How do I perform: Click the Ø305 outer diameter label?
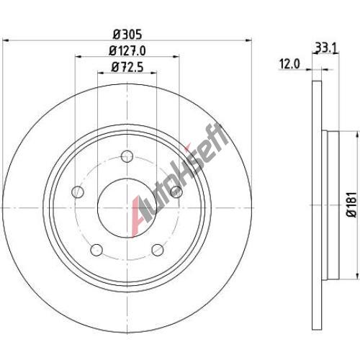tap(127, 35)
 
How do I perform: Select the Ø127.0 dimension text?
tap(127, 51)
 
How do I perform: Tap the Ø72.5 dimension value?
tap(127, 67)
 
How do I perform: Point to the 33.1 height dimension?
tap(326, 48)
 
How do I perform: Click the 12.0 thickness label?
tap(289, 64)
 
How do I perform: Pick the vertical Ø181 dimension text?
tap(352, 204)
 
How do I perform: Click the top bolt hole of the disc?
tap(127, 156)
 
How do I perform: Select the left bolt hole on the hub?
tap(78, 192)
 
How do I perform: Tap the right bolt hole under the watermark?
tap(176, 192)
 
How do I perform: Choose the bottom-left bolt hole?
tap(96, 250)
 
